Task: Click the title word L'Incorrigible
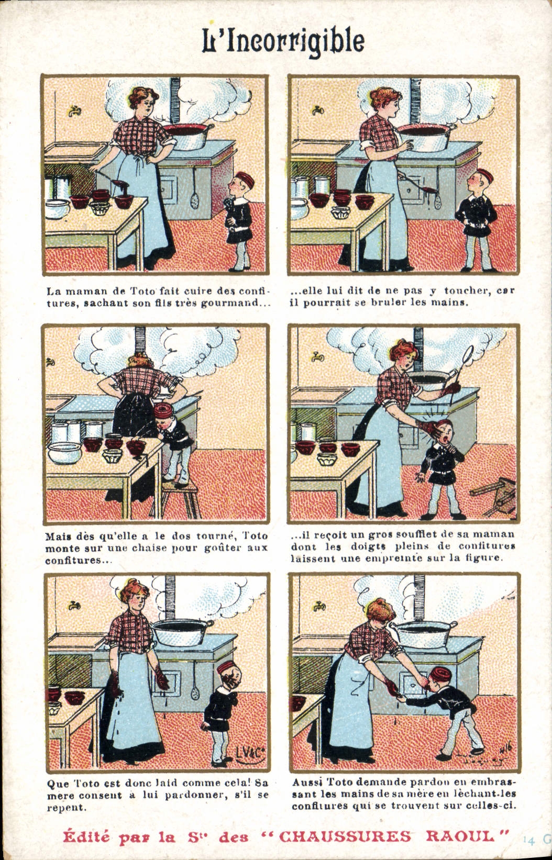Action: pyautogui.click(x=283, y=41)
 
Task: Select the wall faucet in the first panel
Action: pyautogui.click(x=74, y=111)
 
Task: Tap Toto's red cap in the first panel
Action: pyautogui.click(x=245, y=180)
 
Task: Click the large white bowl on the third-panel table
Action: pyautogui.click(x=64, y=453)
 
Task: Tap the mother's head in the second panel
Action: pyautogui.click(x=385, y=99)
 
